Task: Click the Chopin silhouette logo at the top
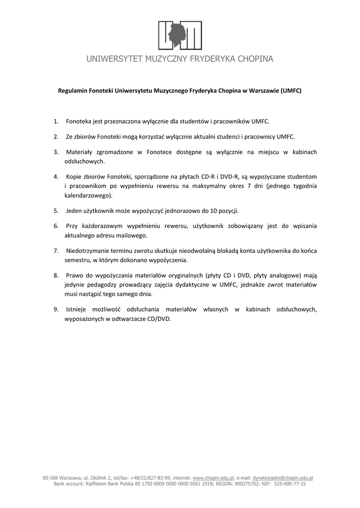click(180, 35)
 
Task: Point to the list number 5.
click(56, 211)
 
